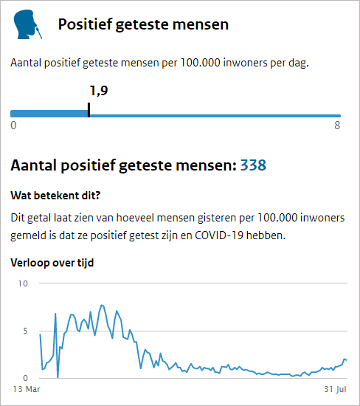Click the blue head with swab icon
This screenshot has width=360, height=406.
tap(28, 24)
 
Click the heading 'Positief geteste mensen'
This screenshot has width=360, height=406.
tap(143, 25)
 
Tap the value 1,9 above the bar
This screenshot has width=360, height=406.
tap(99, 91)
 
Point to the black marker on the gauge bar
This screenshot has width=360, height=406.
tap(89, 110)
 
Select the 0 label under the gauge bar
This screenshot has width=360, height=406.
tap(13, 125)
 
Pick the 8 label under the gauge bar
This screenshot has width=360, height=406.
tap(337, 125)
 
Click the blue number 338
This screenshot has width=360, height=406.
tap(253, 165)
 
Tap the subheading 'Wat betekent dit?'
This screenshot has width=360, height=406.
tap(55, 196)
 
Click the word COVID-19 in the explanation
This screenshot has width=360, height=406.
tap(219, 235)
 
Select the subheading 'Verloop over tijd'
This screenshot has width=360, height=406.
tap(52, 263)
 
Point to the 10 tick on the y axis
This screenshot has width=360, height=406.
tap(23, 283)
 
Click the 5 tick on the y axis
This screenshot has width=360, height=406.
tap(25, 331)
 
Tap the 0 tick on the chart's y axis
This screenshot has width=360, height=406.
tap(25, 378)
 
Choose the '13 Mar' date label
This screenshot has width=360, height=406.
tap(27, 389)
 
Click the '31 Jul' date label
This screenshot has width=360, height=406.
tap(335, 389)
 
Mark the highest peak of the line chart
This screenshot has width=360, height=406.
tap(102, 306)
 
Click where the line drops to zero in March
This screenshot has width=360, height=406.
tap(58, 377)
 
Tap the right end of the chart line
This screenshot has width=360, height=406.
tap(347, 360)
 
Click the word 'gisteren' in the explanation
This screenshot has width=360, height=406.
tap(217, 218)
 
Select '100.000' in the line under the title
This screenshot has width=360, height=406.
tap(201, 63)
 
